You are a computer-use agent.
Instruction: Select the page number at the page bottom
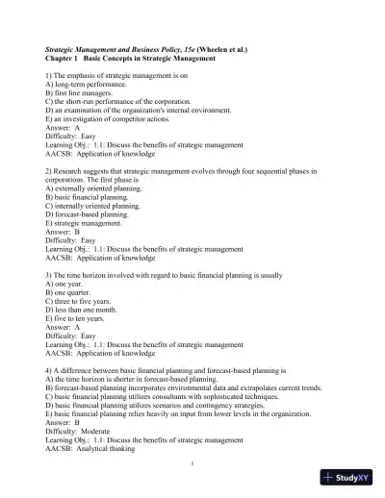pos(192,461)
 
